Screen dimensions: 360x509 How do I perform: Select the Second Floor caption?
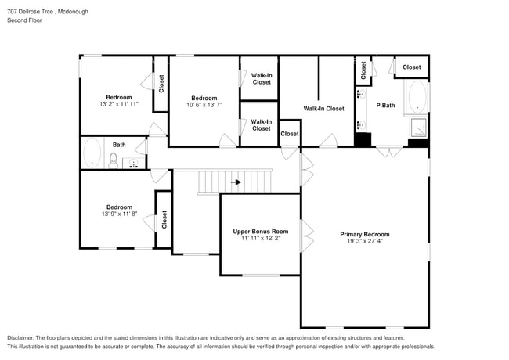pyautogui.click(x=25, y=20)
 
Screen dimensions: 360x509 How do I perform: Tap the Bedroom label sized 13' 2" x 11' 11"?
pyautogui.click(x=119, y=97)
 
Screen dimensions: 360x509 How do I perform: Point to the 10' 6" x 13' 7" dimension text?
pyautogui.click(x=204, y=104)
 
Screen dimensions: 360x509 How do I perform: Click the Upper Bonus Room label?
pyautogui.click(x=260, y=232)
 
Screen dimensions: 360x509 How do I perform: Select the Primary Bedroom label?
pyautogui.click(x=364, y=234)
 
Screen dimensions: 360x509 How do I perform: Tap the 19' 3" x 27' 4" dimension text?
pyautogui.click(x=364, y=241)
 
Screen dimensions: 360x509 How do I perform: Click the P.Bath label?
pyautogui.click(x=384, y=106)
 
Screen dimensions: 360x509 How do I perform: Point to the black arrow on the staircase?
pyautogui.click(x=236, y=183)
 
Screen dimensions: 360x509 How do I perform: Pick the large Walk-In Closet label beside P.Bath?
pyautogui.click(x=323, y=109)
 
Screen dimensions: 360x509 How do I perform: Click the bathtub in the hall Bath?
pyautogui.click(x=93, y=153)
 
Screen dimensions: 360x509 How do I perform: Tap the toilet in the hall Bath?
pyautogui.click(x=114, y=162)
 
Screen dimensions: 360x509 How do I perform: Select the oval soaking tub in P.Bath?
pyautogui.click(x=416, y=98)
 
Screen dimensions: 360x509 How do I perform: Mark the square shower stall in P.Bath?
pyautogui.click(x=417, y=127)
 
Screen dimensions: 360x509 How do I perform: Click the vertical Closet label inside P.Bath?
pyautogui.click(x=363, y=71)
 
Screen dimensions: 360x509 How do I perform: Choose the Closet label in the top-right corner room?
pyautogui.click(x=411, y=67)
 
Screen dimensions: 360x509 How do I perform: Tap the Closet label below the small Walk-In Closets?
pyautogui.click(x=290, y=134)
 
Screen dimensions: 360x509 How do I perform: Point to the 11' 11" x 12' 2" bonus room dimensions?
pyautogui.click(x=260, y=239)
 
